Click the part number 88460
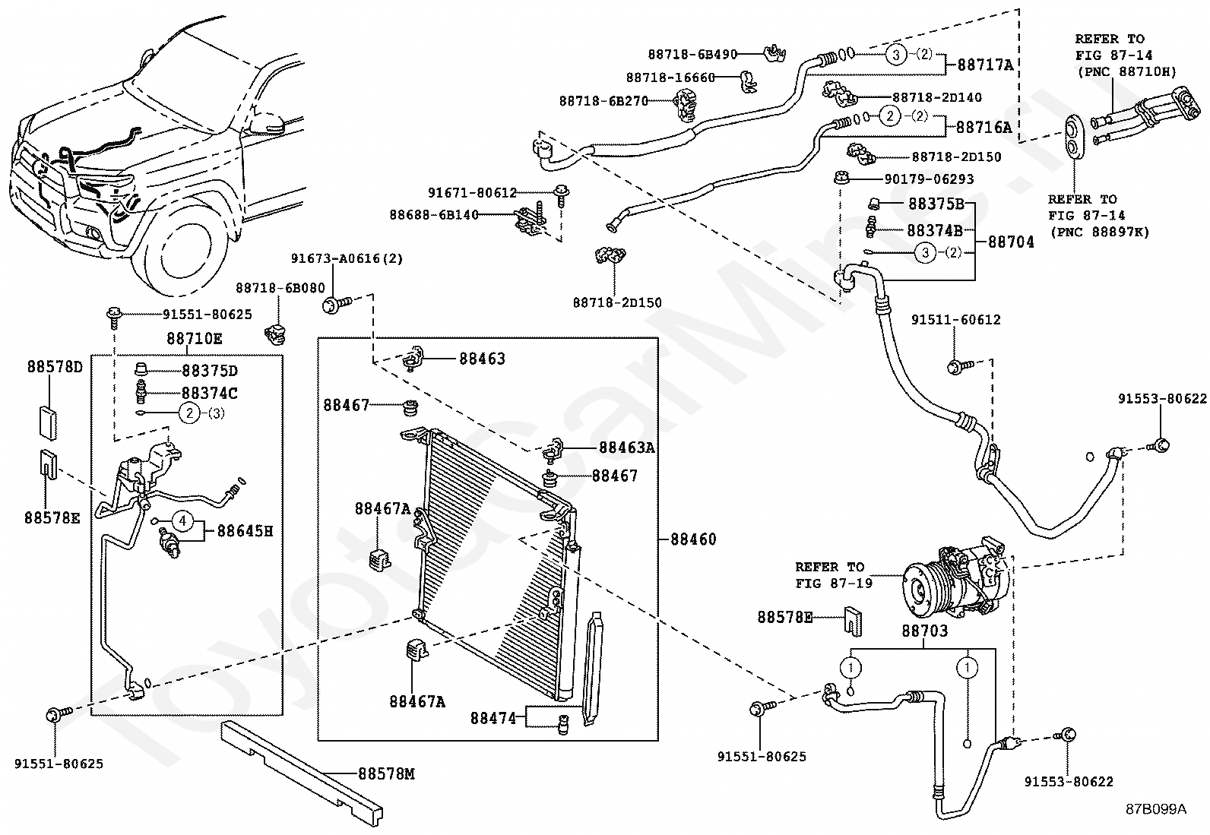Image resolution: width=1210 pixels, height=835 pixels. pos(693,539)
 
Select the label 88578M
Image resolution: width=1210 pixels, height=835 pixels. pos(386,774)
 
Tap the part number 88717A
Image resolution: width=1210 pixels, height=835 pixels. pos(985,65)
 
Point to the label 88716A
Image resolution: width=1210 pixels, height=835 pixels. pos(984,127)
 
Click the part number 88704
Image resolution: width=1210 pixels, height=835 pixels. pos(1011,242)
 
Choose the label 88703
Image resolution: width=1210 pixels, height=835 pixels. pos(924,631)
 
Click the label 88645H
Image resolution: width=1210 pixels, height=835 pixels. pos(245,531)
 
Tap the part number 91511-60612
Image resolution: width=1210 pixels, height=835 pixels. pos(955,320)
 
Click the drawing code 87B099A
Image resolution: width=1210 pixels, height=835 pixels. pos(1155,808)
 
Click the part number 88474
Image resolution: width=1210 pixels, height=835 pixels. pos(493,717)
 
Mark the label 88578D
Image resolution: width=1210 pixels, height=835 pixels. pos(55,367)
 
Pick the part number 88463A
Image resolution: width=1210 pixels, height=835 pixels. pos(626,448)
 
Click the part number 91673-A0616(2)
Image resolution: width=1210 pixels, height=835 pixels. pos(347,258)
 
